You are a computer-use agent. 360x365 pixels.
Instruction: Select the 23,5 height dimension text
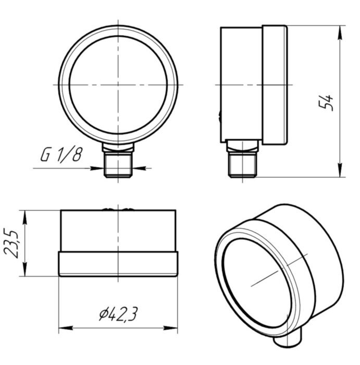pos(12,243)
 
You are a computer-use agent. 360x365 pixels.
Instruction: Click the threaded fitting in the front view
pos(119,167)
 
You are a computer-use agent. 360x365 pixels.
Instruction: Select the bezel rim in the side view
pos(275,84)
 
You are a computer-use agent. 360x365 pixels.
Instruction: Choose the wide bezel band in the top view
pos(119,264)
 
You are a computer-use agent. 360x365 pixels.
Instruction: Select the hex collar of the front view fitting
pos(119,151)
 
